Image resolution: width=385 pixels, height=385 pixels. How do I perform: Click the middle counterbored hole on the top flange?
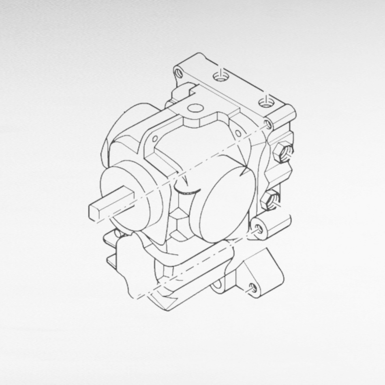point(220,76)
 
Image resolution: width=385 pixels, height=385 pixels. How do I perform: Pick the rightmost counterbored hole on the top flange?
point(266,103)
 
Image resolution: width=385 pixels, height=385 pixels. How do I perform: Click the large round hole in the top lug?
point(196,108)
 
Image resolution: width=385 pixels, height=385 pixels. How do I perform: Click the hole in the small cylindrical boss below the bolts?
point(259,229)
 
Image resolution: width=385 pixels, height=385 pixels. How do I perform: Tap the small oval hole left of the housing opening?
point(154,139)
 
